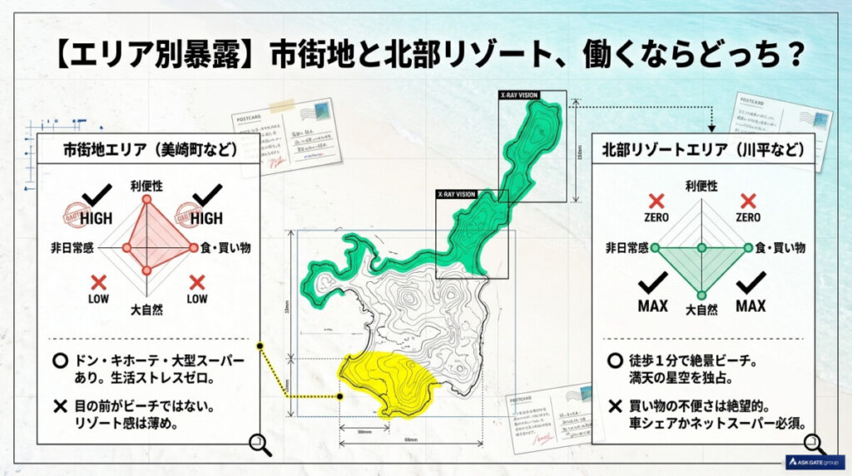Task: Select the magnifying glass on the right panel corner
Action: pyautogui.click(x=814, y=444)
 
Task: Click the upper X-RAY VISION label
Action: pyautogui.click(x=519, y=96)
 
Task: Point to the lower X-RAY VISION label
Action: pyautogui.click(x=456, y=194)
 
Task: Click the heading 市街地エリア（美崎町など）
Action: pyautogui.click(x=150, y=151)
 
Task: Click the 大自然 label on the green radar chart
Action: pyautogui.click(x=701, y=310)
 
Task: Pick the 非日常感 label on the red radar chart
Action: pyautogui.click(x=72, y=247)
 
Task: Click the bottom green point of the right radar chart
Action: pyautogui.click(x=701, y=295)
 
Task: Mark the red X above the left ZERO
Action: pyautogui.click(x=656, y=201)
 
